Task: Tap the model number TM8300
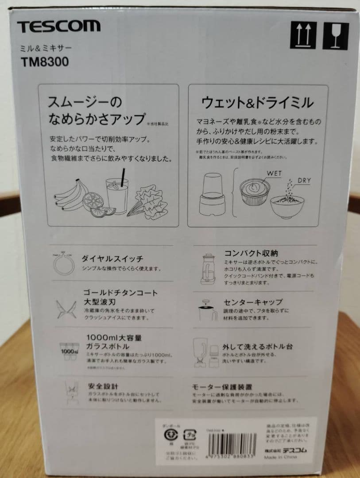(x=44, y=62)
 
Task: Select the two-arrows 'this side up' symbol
(x=303, y=36)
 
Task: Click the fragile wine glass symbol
(x=335, y=36)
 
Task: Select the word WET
(x=274, y=173)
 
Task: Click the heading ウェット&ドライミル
(x=257, y=103)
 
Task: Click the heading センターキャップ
(x=253, y=302)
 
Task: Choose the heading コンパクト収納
(x=251, y=254)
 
